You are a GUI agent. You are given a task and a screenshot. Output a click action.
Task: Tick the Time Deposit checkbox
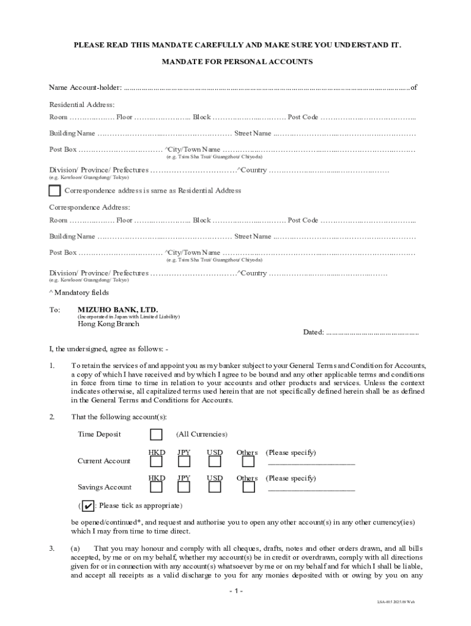(157, 435)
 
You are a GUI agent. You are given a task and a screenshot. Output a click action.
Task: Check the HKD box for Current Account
(157, 462)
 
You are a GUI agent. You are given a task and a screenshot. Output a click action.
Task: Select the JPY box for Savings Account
(184, 487)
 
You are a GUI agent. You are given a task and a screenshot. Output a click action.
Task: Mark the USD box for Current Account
(214, 462)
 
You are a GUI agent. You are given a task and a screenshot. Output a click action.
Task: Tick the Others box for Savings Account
(248, 487)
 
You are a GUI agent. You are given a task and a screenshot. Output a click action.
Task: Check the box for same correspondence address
(54, 191)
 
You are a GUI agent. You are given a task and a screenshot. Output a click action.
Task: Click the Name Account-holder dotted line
(266, 88)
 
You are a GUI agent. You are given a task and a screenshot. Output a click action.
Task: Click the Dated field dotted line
(372, 333)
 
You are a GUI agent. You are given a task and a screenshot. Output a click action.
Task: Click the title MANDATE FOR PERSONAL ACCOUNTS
(237, 62)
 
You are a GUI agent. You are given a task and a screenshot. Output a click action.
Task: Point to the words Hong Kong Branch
(108, 324)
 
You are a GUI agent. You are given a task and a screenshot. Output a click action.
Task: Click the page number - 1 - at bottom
(236, 591)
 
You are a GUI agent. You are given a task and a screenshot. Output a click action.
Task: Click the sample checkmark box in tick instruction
(88, 506)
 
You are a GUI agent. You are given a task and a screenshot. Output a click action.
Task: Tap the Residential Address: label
(82, 105)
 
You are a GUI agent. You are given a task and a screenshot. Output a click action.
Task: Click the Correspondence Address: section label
(89, 207)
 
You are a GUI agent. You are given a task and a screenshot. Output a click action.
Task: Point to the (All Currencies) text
(202, 435)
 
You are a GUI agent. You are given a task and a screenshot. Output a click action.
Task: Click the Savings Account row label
(104, 487)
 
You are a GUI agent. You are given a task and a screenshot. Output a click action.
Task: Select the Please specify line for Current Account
(311, 464)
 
